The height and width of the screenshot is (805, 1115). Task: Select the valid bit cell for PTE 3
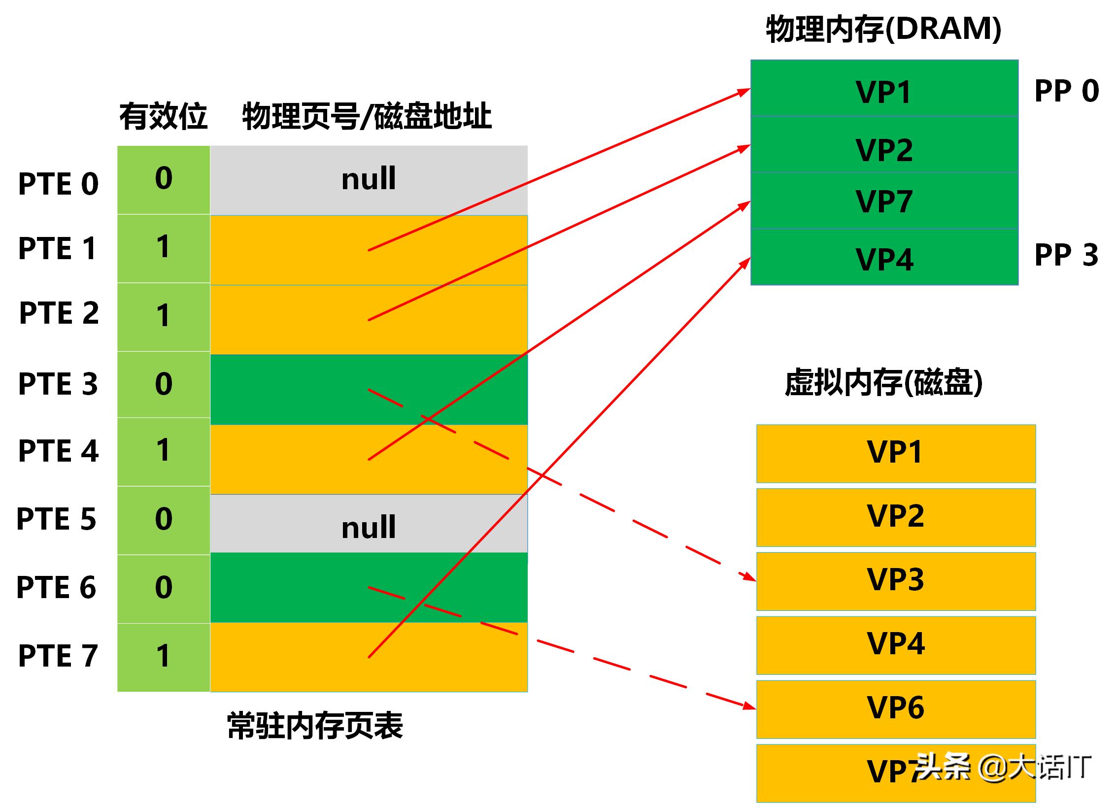click(164, 384)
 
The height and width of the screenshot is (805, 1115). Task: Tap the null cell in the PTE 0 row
click(369, 179)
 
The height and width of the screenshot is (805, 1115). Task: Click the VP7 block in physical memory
click(884, 201)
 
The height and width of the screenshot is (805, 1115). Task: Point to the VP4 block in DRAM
click(884, 258)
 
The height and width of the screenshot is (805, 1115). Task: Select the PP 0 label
click(1066, 91)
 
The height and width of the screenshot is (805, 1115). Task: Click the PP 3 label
click(1066, 255)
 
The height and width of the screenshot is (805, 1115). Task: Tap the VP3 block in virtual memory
click(895, 580)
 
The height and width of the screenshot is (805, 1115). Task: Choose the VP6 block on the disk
click(895, 708)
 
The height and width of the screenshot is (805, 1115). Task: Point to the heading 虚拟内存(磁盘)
click(883, 383)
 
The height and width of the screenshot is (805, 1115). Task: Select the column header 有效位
click(163, 117)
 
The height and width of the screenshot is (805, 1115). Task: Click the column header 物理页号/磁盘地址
click(367, 117)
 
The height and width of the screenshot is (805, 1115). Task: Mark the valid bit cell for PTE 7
click(164, 656)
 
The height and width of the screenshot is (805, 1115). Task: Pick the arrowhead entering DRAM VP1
click(744, 92)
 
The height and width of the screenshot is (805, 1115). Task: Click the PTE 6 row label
click(56, 587)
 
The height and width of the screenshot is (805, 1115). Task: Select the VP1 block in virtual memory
click(895, 452)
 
